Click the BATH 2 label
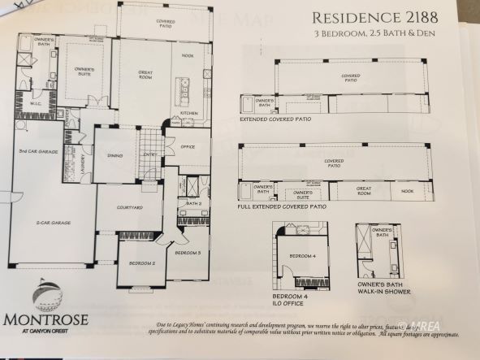pos(192,203)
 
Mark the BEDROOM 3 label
pos(188,254)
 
